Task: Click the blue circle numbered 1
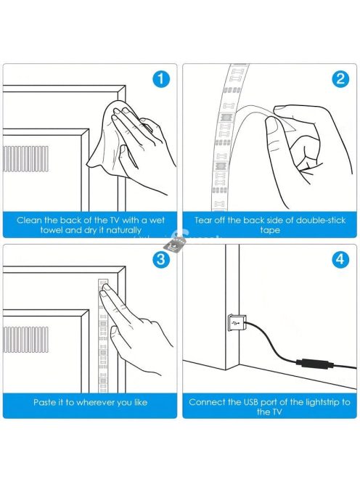(x=161, y=79)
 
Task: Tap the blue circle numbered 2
(x=340, y=79)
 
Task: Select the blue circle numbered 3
(x=161, y=259)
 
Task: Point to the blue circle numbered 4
(x=340, y=259)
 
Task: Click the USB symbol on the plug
(x=237, y=323)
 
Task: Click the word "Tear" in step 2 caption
(x=203, y=220)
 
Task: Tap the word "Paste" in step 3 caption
(x=44, y=402)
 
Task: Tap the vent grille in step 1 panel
(x=25, y=159)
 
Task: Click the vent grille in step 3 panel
(x=25, y=340)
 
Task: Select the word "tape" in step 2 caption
(x=269, y=231)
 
